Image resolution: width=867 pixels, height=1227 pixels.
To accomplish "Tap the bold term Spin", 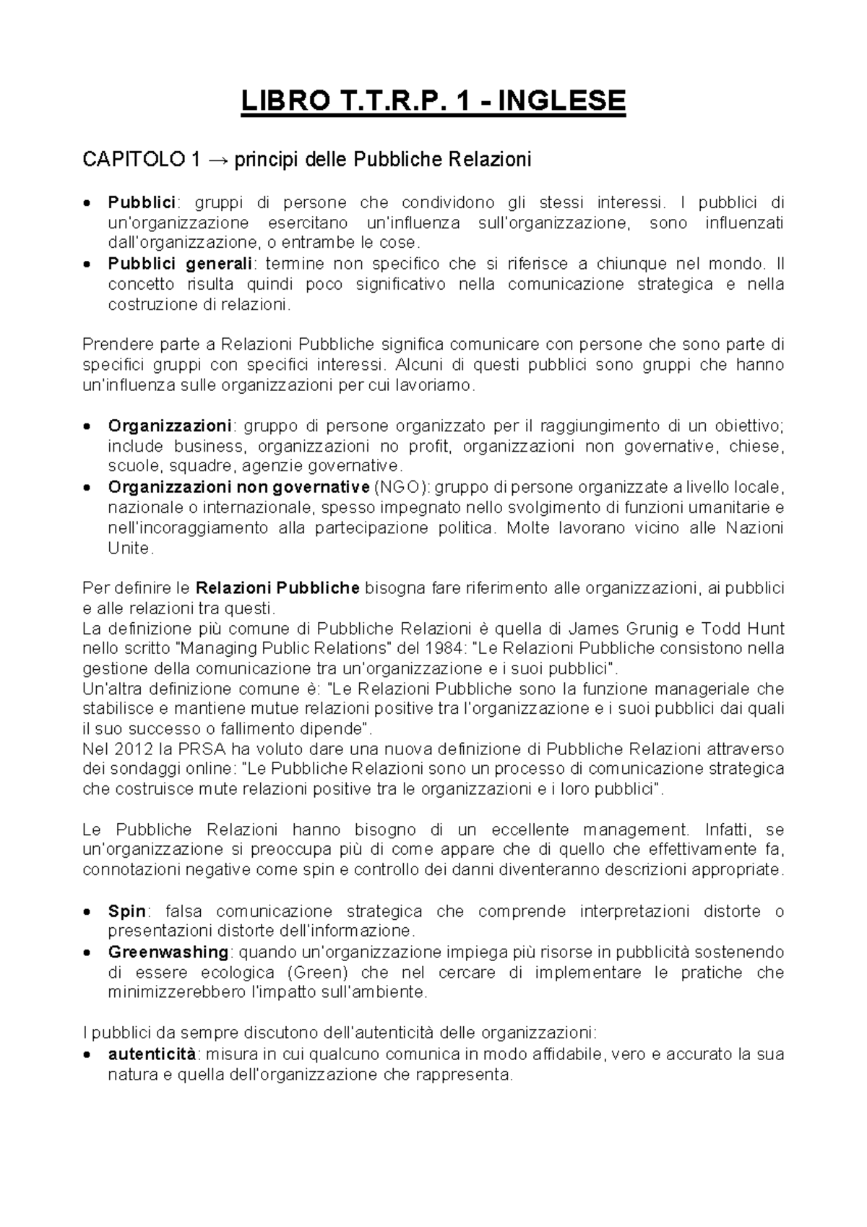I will [126, 911].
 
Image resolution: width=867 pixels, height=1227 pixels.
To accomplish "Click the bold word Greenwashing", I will [168, 952].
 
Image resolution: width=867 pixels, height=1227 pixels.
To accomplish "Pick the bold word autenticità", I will [151, 1054].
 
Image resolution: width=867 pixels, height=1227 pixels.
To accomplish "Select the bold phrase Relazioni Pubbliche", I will [277, 587].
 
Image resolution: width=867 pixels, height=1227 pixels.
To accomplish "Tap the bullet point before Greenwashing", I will [87, 952].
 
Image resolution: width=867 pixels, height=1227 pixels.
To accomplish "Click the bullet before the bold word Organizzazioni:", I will [87, 426].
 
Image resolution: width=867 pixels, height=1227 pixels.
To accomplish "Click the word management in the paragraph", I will [636, 830].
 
